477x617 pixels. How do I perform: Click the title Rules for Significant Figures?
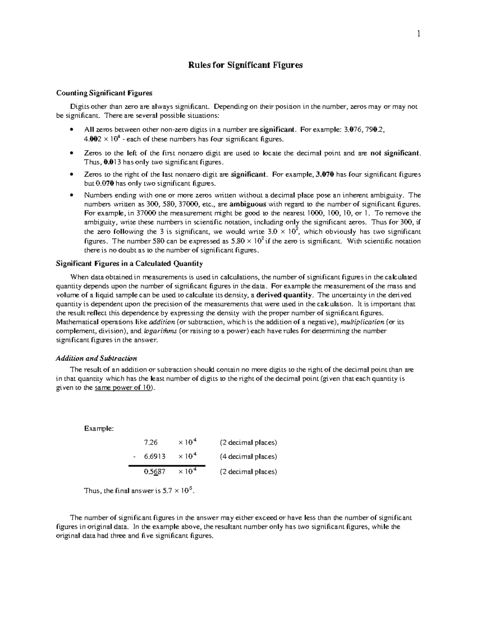(x=245, y=65)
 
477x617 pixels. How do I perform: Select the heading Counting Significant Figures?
(x=104, y=93)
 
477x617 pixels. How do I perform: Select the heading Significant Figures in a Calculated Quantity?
(x=130, y=264)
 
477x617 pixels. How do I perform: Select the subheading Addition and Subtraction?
(x=97, y=358)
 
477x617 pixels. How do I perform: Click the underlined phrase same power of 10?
(x=123, y=388)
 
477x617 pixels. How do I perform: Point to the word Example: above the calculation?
(x=99, y=429)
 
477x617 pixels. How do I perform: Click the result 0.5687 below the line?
(x=155, y=472)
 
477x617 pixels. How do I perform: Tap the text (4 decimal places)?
(x=248, y=457)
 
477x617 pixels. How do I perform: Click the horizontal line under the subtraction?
(x=167, y=465)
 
